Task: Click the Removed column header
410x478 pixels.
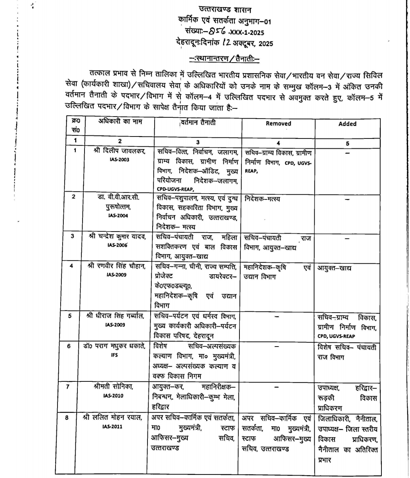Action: pos(278,124)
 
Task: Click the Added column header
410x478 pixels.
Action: pos(347,124)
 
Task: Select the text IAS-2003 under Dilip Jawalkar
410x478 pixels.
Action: pos(120,160)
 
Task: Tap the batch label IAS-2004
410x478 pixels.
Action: pos(120,215)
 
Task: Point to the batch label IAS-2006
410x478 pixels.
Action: pos(120,245)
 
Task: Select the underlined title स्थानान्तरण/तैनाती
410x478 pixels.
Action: pos(224,59)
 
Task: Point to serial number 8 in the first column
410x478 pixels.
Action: pos(67,418)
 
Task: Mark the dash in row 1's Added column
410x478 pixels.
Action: pos(347,153)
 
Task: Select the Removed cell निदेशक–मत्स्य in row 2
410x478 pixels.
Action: pos(262,199)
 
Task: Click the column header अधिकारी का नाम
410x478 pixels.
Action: pos(120,122)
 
